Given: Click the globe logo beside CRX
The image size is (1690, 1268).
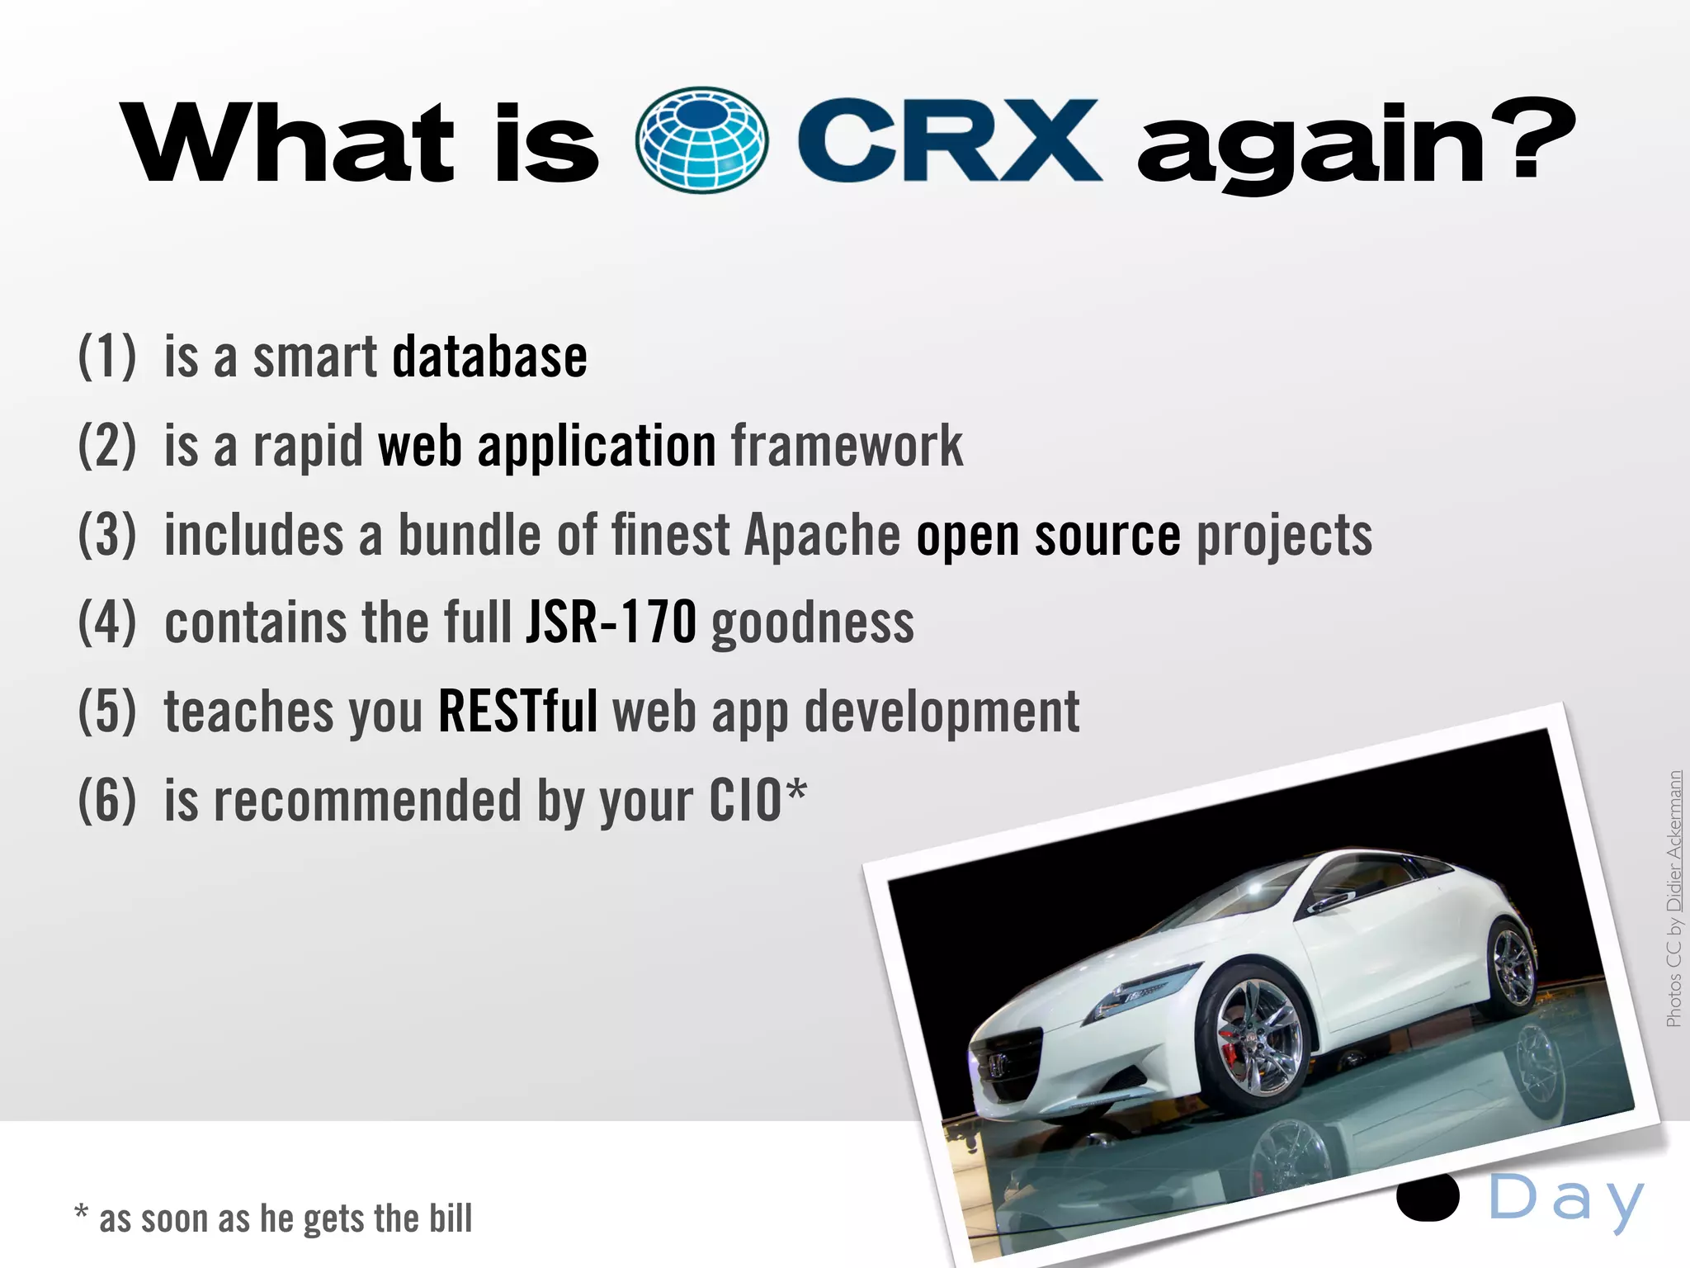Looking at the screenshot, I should (x=702, y=140).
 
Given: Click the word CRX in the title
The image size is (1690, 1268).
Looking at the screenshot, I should (x=949, y=140).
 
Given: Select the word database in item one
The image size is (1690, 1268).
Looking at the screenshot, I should (x=489, y=357).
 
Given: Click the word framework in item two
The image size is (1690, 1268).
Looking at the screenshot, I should (x=847, y=447).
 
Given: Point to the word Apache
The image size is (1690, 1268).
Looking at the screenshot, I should (x=822, y=536).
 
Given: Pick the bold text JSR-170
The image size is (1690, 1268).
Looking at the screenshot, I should (x=611, y=623).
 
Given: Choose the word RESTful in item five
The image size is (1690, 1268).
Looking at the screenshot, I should (x=517, y=712).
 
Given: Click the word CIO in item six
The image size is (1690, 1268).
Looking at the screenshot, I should (x=746, y=801).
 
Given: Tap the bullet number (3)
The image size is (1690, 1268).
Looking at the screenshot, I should (x=107, y=536).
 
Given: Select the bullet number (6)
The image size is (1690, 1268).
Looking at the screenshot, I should (x=107, y=801).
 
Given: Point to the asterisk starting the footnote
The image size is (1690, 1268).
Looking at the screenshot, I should (x=81, y=1214).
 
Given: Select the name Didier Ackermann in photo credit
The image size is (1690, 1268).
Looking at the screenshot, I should (x=1673, y=842).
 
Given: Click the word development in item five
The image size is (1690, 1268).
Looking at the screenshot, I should (x=942, y=712).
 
